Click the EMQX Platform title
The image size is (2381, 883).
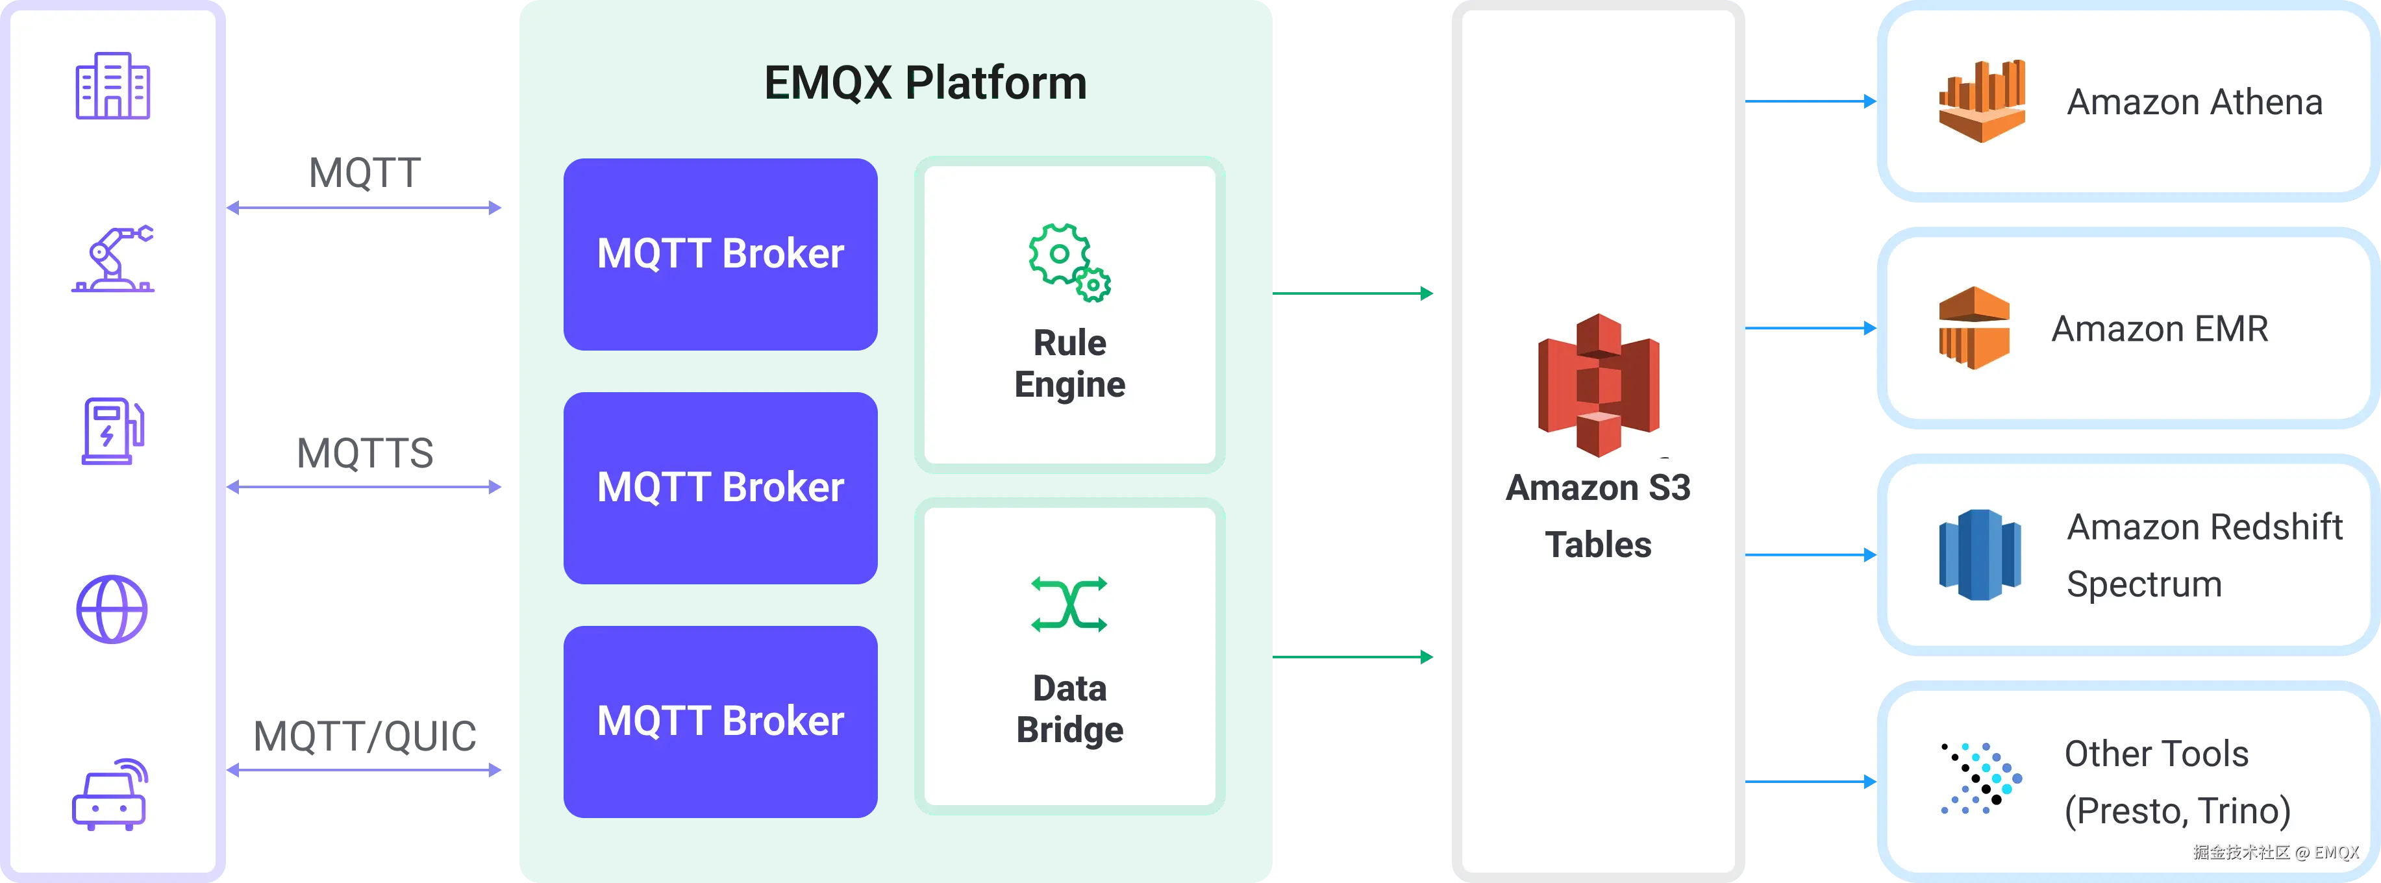click(x=925, y=82)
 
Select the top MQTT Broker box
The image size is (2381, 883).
click(x=720, y=255)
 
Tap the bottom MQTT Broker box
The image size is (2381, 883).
click(x=720, y=722)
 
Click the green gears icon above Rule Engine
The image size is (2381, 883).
click(x=1069, y=262)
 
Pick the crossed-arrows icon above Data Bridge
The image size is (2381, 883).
click(x=1069, y=604)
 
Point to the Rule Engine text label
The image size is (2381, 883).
click(x=1069, y=364)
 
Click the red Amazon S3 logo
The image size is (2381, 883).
click(x=1598, y=384)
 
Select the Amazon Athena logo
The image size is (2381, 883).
click(x=1982, y=102)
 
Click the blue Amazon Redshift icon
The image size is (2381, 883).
click(x=1980, y=554)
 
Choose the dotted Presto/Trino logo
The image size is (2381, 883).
click(x=1981, y=778)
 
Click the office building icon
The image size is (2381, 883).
click(x=113, y=85)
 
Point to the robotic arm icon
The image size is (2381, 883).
click(x=113, y=259)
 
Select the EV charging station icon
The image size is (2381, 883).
click(x=114, y=431)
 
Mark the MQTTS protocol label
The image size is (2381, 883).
click(x=365, y=453)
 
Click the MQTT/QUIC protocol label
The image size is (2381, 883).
click(x=365, y=737)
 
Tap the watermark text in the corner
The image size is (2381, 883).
click(x=2276, y=852)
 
